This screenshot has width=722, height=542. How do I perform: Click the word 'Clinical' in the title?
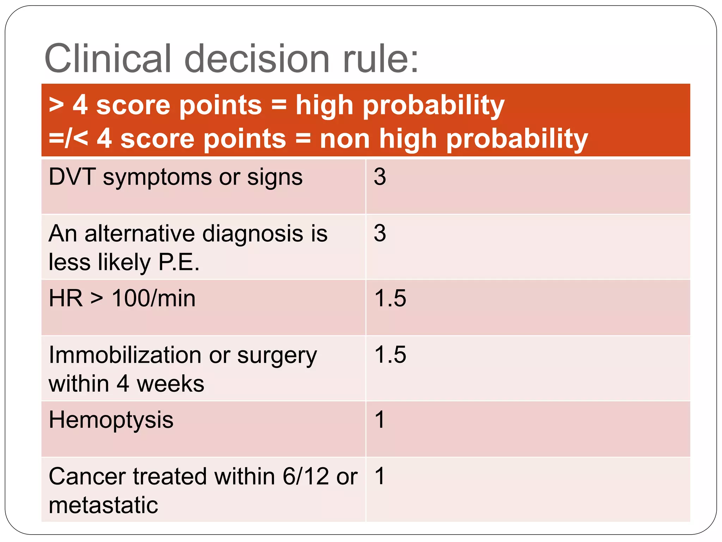[x=108, y=58]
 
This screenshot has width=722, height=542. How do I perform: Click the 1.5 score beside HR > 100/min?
[x=390, y=298]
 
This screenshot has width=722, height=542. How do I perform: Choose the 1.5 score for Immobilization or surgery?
[x=390, y=354]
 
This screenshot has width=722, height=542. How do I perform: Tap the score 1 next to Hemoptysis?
[x=379, y=420]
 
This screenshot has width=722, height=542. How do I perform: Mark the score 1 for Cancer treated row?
[x=379, y=476]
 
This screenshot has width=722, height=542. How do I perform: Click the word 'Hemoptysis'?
[x=111, y=420]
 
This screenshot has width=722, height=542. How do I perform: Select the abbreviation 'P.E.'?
[x=179, y=262]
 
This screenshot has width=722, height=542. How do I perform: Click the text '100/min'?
[x=153, y=299]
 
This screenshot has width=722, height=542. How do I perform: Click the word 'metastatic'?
[x=103, y=505]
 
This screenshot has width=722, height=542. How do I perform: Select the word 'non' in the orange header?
[x=344, y=138]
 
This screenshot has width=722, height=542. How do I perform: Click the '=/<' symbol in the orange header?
[x=68, y=138]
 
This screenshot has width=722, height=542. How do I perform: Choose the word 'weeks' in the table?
[x=170, y=384]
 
